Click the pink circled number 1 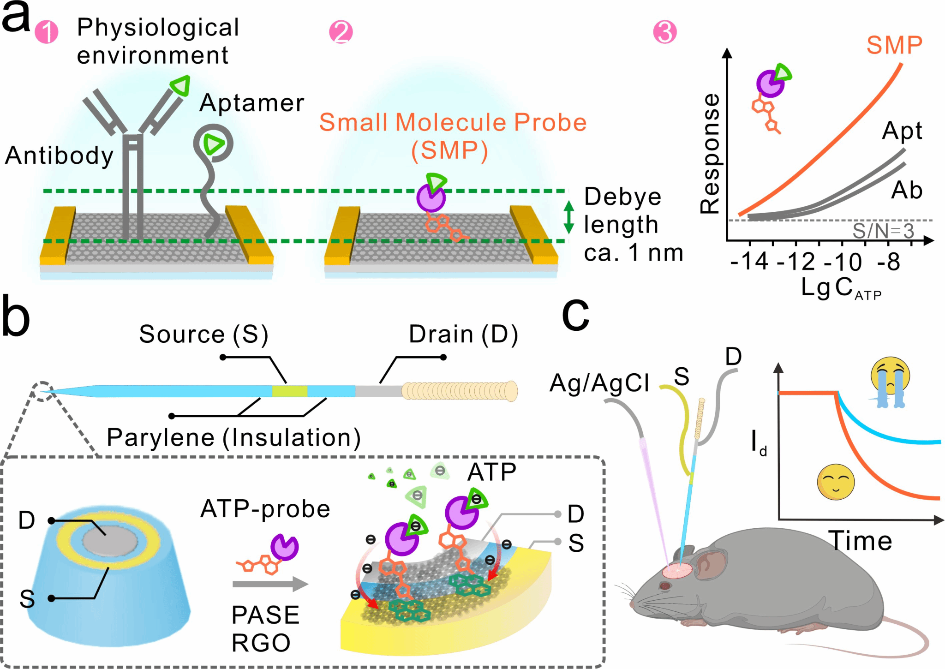coord(47,32)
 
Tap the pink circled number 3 coord(665,32)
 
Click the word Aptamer coord(252,103)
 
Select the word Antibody coord(60,155)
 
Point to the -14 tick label coord(750,262)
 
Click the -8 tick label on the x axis coord(889,262)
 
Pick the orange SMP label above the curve coord(894,45)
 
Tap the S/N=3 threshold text coord(883,231)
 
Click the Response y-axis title coord(710,154)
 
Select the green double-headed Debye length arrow coord(569,216)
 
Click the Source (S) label coord(203,334)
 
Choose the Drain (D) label coord(463,334)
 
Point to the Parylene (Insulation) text coord(233,437)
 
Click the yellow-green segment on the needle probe coord(289,391)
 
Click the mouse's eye coord(665,586)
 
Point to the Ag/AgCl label coord(599,383)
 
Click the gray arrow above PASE coord(270,584)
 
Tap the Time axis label coord(860,541)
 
